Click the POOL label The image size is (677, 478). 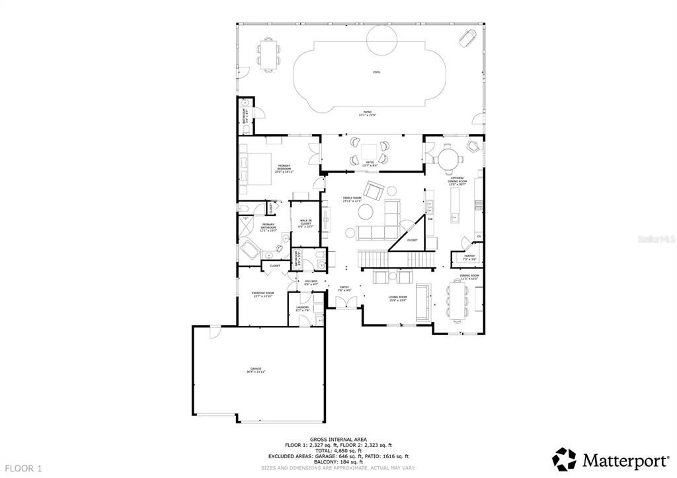click(377, 72)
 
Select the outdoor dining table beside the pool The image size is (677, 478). click(268, 54)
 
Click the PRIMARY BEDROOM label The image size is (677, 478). click(284, 168)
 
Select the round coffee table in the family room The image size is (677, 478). click(365, 211)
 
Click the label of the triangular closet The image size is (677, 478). click(412, 240)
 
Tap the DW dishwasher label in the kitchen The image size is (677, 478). click(430, 219)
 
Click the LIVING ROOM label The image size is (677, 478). click(397, 298)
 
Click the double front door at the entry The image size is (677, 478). click(344, 303)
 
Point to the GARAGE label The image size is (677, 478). click(256, 370)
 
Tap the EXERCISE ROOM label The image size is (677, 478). click(263, 294)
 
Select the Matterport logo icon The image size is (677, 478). click(564, 459)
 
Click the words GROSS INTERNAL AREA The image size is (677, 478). click(338, 438)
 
